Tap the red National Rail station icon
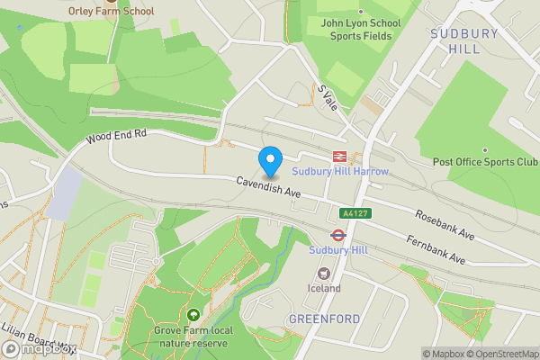pyautogui.click(x=340, y=156)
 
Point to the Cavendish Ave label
pyautogui.click(x=268, y=186)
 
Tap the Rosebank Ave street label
pyautogui.click(x=444, y=225)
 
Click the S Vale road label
pyautogui.click(x=326, y=98)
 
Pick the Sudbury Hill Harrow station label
pyautogui.click(x=340, y=171)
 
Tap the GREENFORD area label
pyautogui.click(x=324, y=319)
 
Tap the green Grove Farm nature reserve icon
pyautogui.click(x=193, y=315)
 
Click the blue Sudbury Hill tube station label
pyautogui.click(x=339, y=249)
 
